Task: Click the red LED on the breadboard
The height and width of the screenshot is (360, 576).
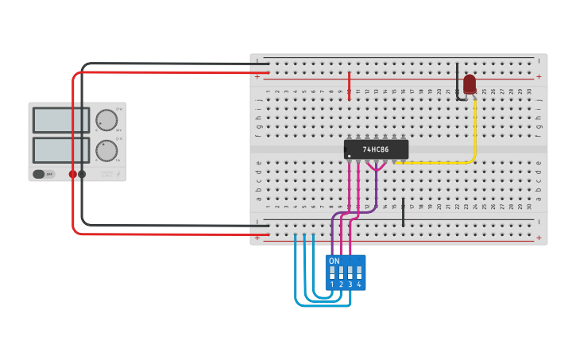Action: [x=470, y=83]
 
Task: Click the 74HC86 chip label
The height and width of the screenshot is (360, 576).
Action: [x=375, y=149]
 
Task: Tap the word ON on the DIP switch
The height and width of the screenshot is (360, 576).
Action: [x=334, y=261]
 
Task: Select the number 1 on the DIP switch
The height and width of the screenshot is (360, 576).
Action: [x=332, y=285]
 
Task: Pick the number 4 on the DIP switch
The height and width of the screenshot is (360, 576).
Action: [x=359, y=285]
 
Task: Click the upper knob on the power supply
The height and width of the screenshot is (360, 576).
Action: [x=106, y=120]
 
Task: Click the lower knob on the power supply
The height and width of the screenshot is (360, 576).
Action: [x=106, y=149]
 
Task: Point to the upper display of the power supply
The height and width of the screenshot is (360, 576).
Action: [x=60, y=120]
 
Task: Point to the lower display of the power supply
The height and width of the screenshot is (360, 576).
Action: [x=60, y=149]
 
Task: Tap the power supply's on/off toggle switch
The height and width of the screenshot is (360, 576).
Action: [x=40, y=174]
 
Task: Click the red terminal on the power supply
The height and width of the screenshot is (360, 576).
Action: [x=72, y=174]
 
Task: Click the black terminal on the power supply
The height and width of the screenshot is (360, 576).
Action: [x=82, y=174]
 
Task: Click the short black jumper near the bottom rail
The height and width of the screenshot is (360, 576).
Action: [x=404, y=212]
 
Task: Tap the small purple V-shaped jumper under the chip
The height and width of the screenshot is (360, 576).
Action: [x=377, y=168]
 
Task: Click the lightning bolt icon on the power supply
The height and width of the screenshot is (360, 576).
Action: [x=118, y=174]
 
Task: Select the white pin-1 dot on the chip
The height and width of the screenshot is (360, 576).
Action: [x=349, y=156]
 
